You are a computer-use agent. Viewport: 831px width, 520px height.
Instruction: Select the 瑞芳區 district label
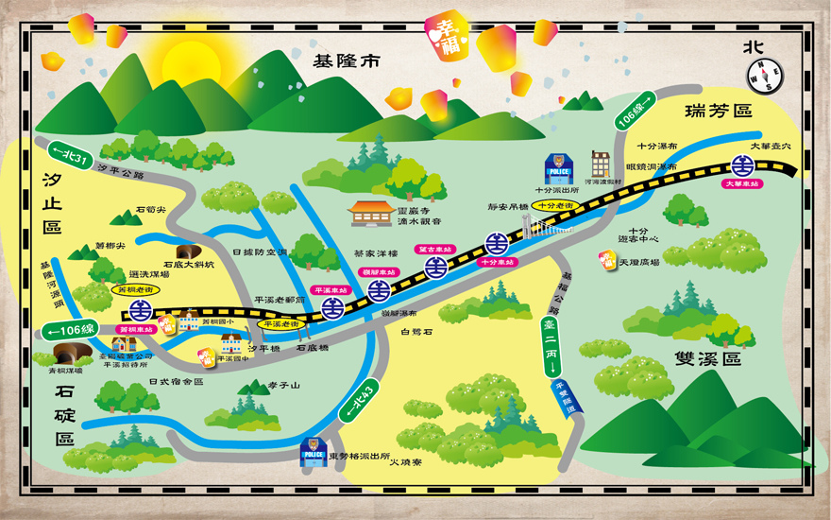tap(719, 111)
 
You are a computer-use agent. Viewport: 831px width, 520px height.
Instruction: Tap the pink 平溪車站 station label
tap(331, 290)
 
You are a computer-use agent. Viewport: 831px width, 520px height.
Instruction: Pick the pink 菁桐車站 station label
tap(135, 329)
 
